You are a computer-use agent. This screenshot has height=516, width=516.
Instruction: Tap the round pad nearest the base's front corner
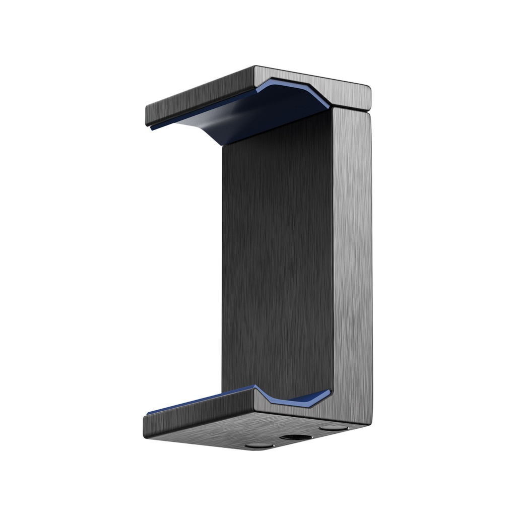click(x=260, y=445)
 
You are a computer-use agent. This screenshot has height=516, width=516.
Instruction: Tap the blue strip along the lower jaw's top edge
click(x=202, y=401)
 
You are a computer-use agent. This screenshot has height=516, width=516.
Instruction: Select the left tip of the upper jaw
click(x=148, y=116)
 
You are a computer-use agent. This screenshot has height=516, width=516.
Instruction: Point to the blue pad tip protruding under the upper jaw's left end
click(x=153, y=128)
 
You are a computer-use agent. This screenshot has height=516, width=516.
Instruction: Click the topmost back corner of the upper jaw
click(x=256, y=67)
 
